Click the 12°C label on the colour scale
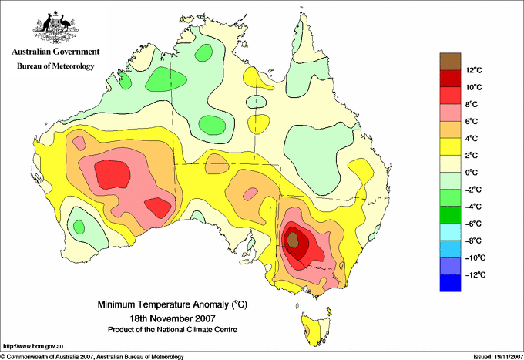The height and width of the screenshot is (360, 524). click(x=474, y=70)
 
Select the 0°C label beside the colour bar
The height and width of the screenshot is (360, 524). click(x=472, y=173)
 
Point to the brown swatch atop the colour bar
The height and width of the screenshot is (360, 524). click(x=450, y=62)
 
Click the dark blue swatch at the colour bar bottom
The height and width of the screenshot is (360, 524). click(x=450, y=283)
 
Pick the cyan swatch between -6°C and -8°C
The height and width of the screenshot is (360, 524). click(x=450, y=232)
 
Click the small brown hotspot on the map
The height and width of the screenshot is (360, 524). click(x=293, y=240)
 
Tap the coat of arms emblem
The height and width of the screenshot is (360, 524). click(x=55, y=27)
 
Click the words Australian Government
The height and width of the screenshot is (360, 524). click(x=55, y=52)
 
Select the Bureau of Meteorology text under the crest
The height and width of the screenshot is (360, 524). click(x=55, y=66)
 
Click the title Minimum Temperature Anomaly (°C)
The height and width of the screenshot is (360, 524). click(x=173, y=304)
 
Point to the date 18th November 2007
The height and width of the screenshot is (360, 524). click(x=173, y=318)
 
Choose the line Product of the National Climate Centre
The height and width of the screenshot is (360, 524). click(x=173, y=330)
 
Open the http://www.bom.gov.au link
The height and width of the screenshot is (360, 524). click(x=33, y=346)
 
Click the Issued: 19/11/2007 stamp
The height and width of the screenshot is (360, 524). click(x=498, y=357)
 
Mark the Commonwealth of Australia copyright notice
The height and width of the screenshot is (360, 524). click(x=92, y=357)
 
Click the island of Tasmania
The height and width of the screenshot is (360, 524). click(x=316, y=328)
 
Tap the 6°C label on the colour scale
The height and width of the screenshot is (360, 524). click(x=472, y=121)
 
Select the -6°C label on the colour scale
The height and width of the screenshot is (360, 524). click(x=474, y=224)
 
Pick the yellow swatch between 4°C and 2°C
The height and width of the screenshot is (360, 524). click(x=450, y=146)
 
